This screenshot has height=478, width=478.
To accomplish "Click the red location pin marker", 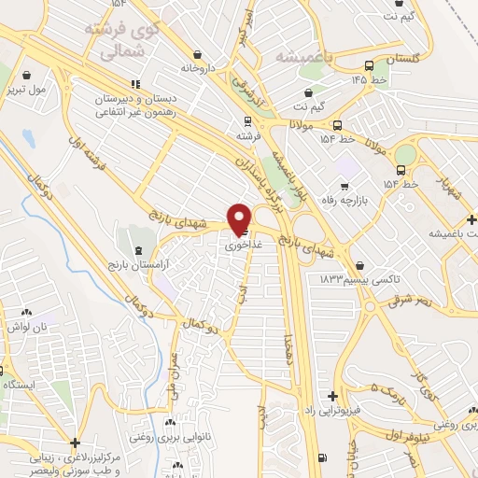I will pyautogui.click(x=240, y=218).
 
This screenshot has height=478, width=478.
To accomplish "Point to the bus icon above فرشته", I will pyautogui.click(x=246, y=120).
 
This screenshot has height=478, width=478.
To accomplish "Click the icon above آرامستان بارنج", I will pyautogui.click(x=139, y=251).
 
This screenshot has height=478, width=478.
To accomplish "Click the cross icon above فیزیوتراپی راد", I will pyautogui.click(x=332, y=397).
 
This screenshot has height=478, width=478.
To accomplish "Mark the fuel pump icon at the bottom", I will pyautogui.click(x=323, y=458).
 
